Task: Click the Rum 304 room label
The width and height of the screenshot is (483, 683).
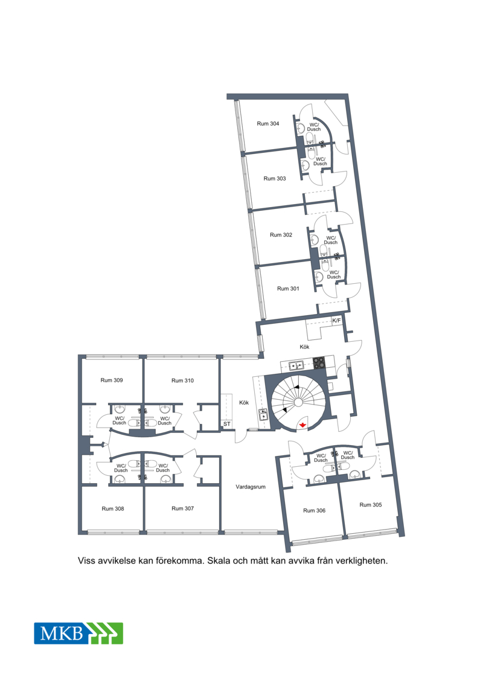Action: coord(268,124)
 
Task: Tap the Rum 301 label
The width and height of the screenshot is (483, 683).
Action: coord(288,289)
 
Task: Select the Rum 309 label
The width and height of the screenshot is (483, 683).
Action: coord(112,380)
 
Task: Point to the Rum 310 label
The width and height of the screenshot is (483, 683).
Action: coord(182,380)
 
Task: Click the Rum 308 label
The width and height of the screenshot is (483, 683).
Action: coord(113,508)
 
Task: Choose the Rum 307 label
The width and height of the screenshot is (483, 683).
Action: coord(182,508)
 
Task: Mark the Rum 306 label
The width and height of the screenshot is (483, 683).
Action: coord(314,510)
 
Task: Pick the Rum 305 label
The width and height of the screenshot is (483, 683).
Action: coord(371,505)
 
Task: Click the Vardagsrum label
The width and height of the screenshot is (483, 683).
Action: coord(251,487)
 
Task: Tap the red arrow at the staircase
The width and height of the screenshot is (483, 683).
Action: coord(302,424)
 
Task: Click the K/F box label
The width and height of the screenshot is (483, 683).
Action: coord(337,321)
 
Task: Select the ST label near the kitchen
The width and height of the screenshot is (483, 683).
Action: coord(226,424)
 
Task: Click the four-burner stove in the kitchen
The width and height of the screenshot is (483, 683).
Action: coord(319,364)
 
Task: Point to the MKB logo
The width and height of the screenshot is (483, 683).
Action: coord(78,633)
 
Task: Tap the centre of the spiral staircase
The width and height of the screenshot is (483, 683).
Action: coord(298,402)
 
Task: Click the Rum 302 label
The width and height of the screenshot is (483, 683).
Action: coord(281,235)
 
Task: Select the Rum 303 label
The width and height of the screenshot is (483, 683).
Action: coord(274,179)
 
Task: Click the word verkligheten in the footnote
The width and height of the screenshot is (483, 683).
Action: coord(362,561)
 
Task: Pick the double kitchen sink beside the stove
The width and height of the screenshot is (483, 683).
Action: coord(296,365)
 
